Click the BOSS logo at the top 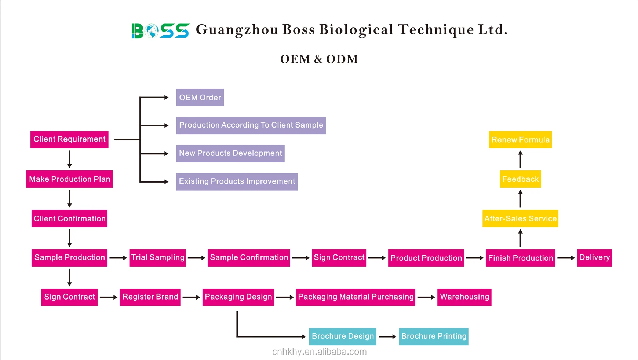160,31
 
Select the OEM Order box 200,98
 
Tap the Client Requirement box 69,139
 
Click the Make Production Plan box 69,179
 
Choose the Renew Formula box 520,140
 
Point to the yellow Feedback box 520,179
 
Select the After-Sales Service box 520,218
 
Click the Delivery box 594,257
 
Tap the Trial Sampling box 157,257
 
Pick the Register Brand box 150,297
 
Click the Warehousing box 464,297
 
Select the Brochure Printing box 434,336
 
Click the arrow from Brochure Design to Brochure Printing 387,337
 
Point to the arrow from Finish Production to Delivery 566,258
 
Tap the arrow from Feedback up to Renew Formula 520,159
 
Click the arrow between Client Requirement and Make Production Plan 69,159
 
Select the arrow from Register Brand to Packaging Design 191,297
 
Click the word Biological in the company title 356,30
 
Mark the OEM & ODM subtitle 319,59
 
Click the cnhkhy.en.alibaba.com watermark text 319,352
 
